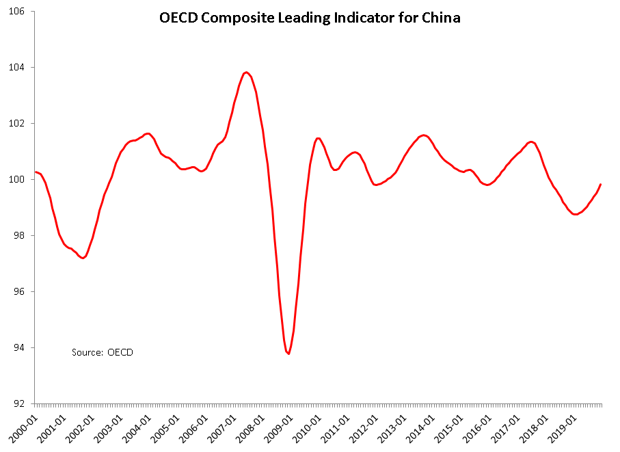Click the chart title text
(x=310, y=18)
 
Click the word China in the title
(x=441, y=18)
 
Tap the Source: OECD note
(x=103, y=352)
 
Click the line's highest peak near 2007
(x=247, y=72)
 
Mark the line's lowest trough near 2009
(x=289, y=354)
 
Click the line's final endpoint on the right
(x=601, y=184)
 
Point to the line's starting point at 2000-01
(x=35, y=172)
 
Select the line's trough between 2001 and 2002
(x=83, y=258)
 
